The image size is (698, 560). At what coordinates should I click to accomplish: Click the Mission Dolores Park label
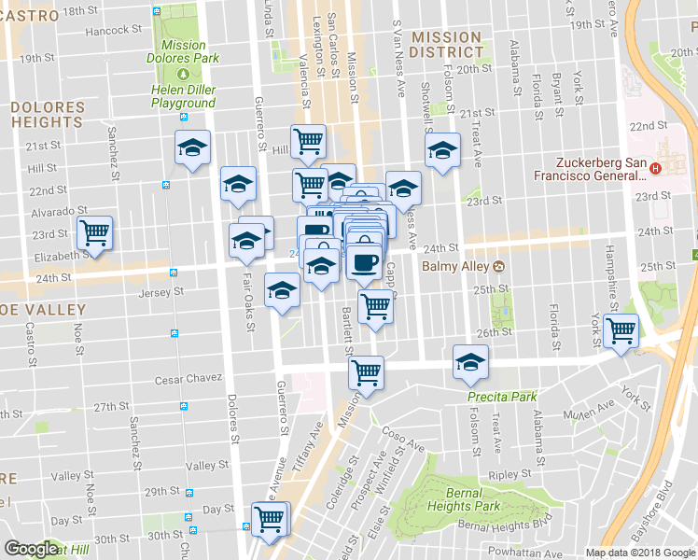click(184, 50)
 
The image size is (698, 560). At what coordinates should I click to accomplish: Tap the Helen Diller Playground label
click(184, 96)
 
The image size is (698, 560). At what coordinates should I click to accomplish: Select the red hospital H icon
click(655, 169)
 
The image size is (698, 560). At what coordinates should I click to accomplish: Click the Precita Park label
click(503, 397)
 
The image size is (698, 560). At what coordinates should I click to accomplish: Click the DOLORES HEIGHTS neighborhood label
click(47, 115)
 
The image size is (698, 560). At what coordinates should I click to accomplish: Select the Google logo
click(31, 549)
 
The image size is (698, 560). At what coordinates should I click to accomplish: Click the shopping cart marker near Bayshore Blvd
click(621, 329)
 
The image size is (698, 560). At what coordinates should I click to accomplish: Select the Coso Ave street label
click(403, 441)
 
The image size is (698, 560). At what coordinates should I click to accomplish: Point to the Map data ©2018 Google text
click(640, 553)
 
